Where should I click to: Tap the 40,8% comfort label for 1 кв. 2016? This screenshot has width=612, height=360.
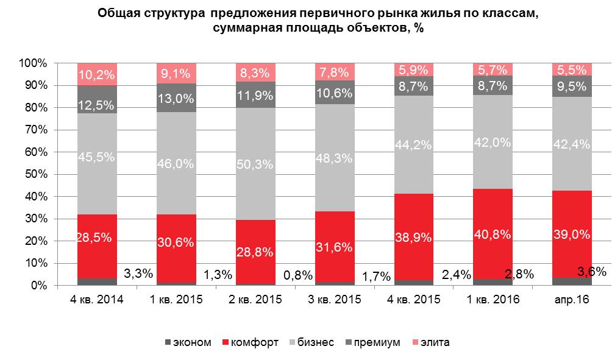[493, 232]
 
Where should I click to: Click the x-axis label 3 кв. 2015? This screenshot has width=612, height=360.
[335, 300]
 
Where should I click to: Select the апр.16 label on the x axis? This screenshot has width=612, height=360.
[572, 300]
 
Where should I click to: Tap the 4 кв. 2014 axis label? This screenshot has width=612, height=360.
[98, 300]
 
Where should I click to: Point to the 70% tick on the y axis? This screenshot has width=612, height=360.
[34, 130]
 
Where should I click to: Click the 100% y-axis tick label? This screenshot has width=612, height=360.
[32, 63]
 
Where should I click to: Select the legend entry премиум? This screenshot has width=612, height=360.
[378, 342]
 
